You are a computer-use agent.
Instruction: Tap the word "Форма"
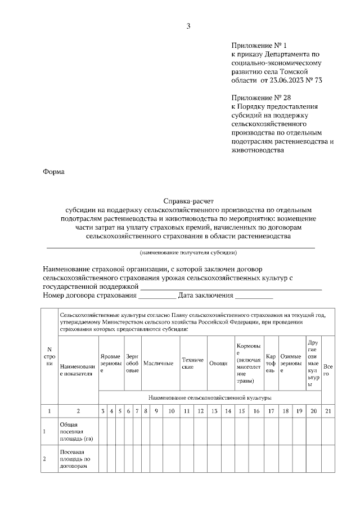pos(54,172)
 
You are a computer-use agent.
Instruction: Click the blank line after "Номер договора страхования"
pos(157,295)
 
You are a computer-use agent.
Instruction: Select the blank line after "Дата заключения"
pos(254,295)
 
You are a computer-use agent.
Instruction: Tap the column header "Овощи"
pos(218,364)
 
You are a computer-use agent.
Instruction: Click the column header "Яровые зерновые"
pos(110,364)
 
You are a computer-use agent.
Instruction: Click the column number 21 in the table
pos(327,411)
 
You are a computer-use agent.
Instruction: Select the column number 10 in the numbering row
pos(171,411)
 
